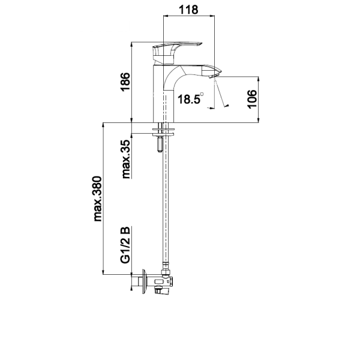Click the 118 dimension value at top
[188, 10]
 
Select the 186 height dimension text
[125, 82]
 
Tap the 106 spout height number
[252, 99]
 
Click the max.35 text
[126, 159]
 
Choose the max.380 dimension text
[98, 199]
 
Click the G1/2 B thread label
[125, 245]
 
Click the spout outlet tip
[215, 74]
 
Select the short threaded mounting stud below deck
[160, 144]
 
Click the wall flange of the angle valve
[144, 281]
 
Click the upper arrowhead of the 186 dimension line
[131, 44]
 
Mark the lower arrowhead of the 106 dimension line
[259, 120]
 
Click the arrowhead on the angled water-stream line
[227, 106]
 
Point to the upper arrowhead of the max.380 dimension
[103, 125]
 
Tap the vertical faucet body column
[163, 94]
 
